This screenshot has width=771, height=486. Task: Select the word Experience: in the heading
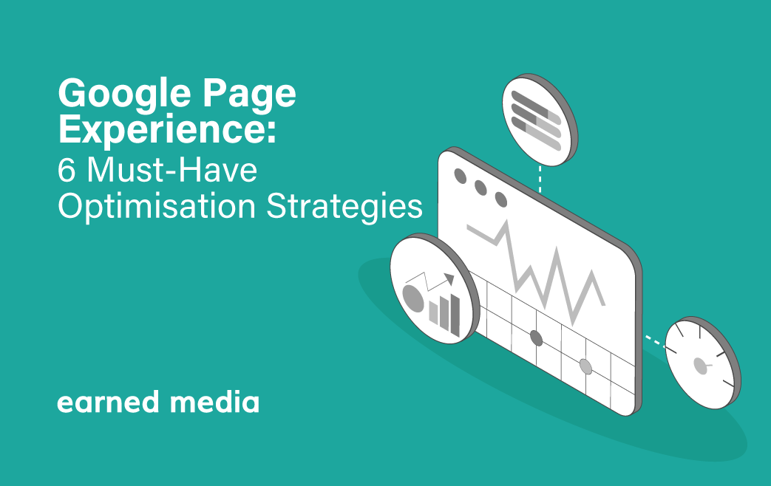point(167,129)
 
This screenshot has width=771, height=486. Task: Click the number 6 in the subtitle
point(67,171)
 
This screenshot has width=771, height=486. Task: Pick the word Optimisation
point(157,206)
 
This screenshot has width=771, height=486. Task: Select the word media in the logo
point(214,402)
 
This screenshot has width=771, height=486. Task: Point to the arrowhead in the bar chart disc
point(449,278)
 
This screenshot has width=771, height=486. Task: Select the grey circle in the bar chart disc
point(413,298)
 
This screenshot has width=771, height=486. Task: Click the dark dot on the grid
point(537,338)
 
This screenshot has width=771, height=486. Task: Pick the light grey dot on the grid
point(585,366)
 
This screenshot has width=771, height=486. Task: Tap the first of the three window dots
point(461,176)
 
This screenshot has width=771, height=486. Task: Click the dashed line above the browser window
point(540,179)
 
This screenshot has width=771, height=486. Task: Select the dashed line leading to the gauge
point(656,342)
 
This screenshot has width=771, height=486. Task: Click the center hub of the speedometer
point(700,366)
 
